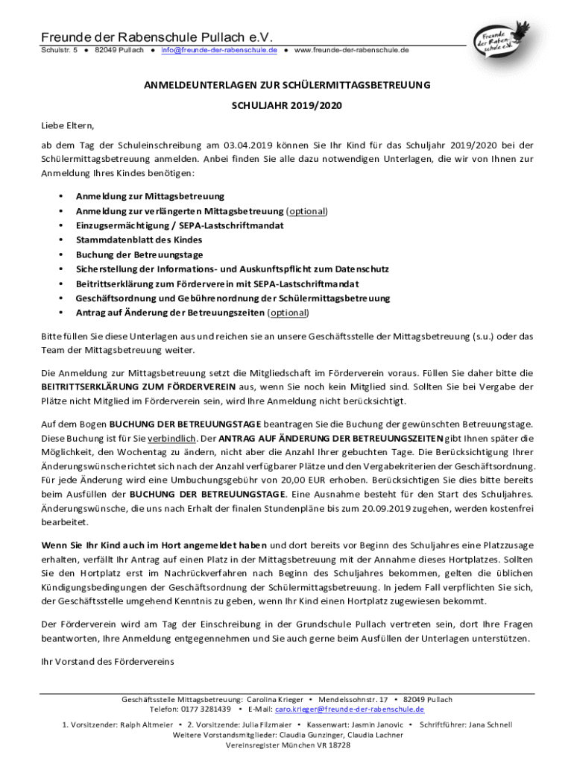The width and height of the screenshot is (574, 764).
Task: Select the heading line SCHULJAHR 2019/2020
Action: (287, 107)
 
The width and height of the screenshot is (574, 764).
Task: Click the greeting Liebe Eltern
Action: (68, 125)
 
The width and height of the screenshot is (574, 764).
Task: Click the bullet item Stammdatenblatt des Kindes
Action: (139, 239)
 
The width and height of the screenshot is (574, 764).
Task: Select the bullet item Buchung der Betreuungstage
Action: (139, 254)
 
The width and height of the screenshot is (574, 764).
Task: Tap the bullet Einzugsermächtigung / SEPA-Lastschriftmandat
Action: (180, 225)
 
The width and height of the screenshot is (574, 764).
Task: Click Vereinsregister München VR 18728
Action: (287, 745)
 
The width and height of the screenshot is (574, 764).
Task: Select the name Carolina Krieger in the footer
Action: (275, 700)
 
